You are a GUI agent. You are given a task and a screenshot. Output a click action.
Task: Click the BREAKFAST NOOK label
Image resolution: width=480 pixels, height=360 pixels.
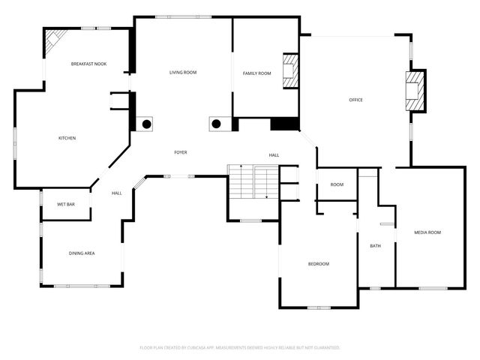pyautogui.click(x=88, y=64)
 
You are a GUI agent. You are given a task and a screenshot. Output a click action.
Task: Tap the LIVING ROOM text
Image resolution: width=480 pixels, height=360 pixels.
pyautogui.click(x=182, y=73)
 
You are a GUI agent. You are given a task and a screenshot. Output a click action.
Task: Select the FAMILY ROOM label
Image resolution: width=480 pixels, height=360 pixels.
pyautogui.click(x=256, y=73)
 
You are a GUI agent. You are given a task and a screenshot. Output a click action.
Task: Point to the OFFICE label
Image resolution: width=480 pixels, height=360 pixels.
pyautogui.click(x=355, y=100)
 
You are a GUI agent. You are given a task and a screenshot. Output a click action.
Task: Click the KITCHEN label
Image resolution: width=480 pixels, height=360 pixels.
pyautogui.click(x=67, y=138)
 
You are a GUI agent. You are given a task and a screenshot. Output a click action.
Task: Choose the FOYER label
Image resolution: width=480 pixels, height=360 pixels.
pyautogui.click(x=181, y=152)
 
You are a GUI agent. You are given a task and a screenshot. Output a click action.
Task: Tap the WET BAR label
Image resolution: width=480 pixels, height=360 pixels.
pyautogui.click(x=66, y=204)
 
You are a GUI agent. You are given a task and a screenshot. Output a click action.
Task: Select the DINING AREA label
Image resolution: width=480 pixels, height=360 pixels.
pyautogui.click(x=82, y=253)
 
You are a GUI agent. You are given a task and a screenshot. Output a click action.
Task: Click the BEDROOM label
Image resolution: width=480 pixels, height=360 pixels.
pyautogui.click(x=319, y=264)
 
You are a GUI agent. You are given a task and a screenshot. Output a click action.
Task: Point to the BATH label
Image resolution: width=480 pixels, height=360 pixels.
pyautogui.click(x=375, y=246)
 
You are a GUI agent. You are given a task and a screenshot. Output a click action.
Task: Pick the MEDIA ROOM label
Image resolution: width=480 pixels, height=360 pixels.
pyautogui.click(x=427, y=232)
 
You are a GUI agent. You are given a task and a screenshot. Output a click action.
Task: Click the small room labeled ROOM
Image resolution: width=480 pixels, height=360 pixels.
pyautogui.click(x=337, y=184)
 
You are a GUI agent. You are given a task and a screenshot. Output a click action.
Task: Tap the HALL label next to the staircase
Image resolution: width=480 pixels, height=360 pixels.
pyautogui.click(x=274, y=155)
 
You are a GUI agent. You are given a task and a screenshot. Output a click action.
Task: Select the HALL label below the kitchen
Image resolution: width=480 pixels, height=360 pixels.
pyautogui.click(x=117, y=193)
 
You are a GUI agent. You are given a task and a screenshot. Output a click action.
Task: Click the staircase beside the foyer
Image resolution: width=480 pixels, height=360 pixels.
pyautogui.click(x=253, y=182)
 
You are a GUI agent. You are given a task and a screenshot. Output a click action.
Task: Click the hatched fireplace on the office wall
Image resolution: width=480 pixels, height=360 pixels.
pyautogui.click(x=415, y=91)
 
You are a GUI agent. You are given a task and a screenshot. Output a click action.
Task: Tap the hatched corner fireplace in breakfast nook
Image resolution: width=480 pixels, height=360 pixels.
pyautogui.click(x=55, y=42)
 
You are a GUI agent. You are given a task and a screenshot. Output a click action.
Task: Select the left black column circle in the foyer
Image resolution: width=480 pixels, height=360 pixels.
pyautogui.click(x=147, y=124)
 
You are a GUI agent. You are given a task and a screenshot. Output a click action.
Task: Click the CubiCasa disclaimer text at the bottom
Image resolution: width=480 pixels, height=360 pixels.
pyautogui.click(x=240, y=348)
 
